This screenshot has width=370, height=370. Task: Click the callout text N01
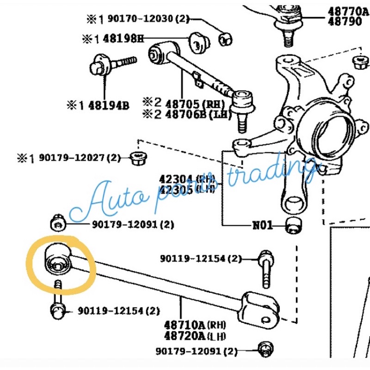pyautogui.click(x=262, y=226)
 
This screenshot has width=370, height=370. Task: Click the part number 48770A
pyautogui.click(x=348, y=11)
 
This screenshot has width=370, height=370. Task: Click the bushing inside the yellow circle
pyautogui.click(x=56, y=261)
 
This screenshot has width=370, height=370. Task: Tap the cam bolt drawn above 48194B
pyautogui.click(x=111, y=64)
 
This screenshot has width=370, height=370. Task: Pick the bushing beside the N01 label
pyautogui.click(x=293, y=225)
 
